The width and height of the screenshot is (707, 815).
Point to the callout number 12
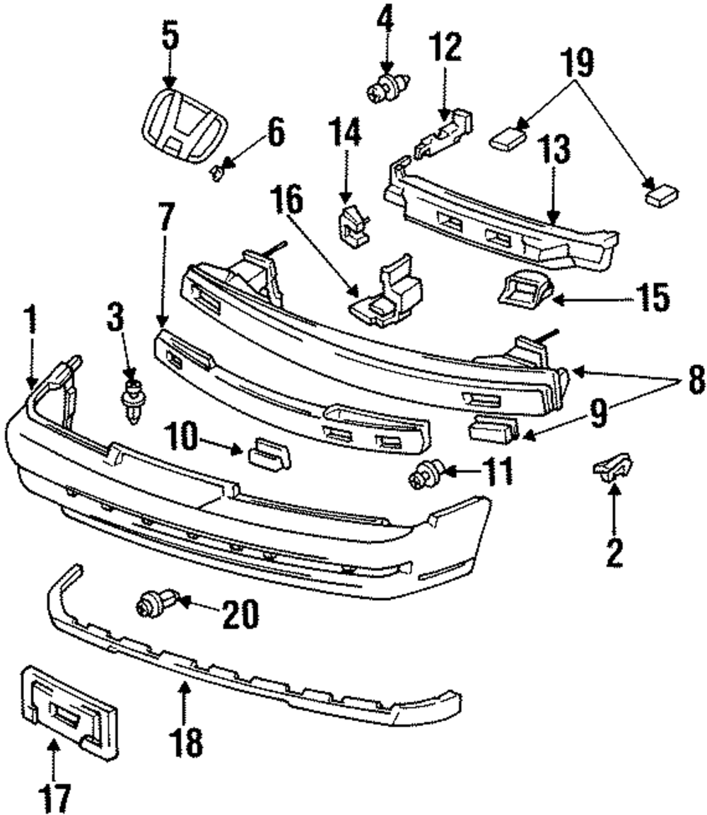(x=445, y=47)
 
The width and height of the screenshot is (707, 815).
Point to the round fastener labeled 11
(x=425, y=474)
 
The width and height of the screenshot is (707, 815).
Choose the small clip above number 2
(x=613, y=467)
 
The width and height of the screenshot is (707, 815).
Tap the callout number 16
(x=286, y=201)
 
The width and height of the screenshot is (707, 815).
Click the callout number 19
(x=577, y=62)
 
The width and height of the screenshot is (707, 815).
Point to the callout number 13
(x=554, y=150)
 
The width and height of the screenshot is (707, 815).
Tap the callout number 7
(x=166, y=217)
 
